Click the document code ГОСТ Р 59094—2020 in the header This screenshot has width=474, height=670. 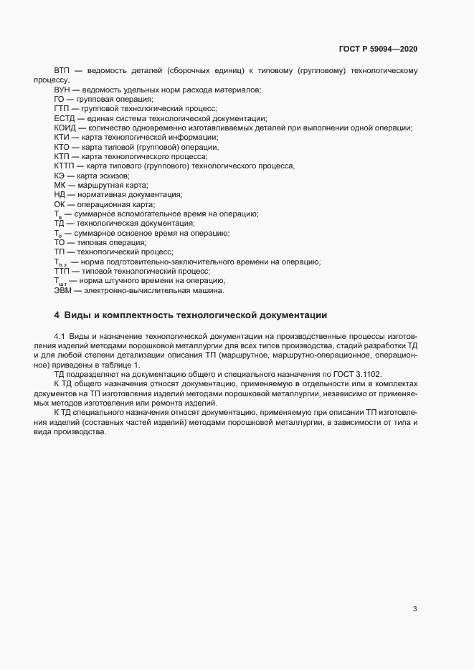tap(378, 49)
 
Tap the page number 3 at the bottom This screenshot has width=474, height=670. tap(415, 609)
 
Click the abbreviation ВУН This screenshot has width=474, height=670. tap(62, 90)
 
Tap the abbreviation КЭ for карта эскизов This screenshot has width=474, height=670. tap(60, 175)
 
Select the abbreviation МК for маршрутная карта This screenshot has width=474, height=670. tap(60, 185)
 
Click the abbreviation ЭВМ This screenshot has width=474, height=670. tap(63, 290)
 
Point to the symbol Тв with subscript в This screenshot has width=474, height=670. tap(58, 214)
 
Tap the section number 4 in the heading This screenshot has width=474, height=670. tap(57, 315)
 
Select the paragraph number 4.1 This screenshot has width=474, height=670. tap(60, 336)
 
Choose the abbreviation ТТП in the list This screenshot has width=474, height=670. tap(63, 272)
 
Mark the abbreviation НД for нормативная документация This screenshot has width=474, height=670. tap(60, 195)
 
